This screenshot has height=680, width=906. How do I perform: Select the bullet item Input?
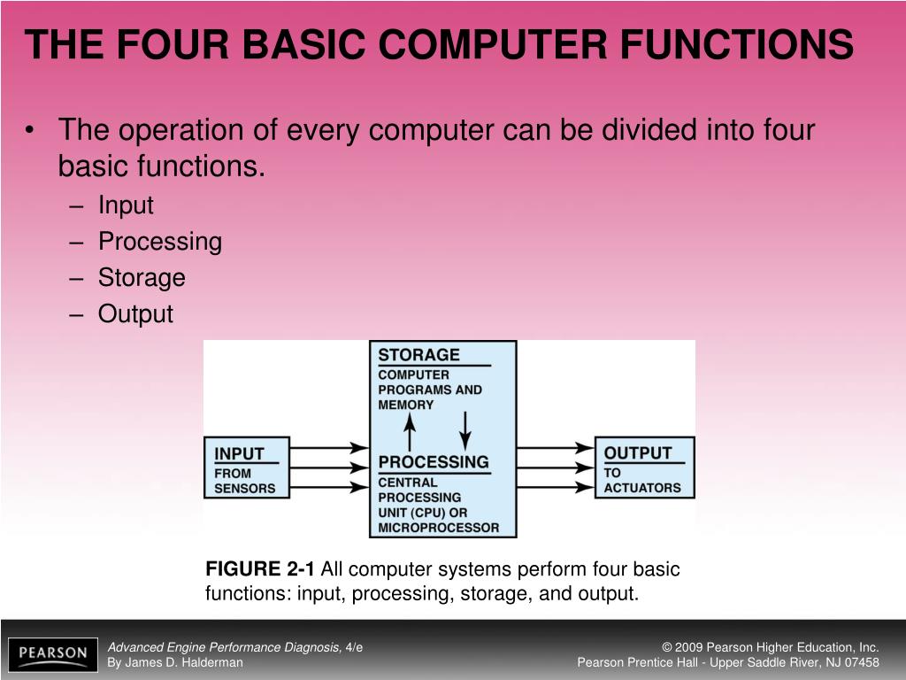click(126, 205)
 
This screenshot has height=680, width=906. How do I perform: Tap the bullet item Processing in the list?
click(159, 242)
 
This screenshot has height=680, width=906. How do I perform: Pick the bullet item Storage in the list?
click(142, 278)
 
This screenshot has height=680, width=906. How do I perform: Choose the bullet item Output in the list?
click(135, 314)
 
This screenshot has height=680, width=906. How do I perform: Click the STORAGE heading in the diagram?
click(418, 355)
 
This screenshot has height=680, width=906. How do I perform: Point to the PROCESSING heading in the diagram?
click(433, 462)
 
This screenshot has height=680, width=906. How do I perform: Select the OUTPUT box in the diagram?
click(643, 467)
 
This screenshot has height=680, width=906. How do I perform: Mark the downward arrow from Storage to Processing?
click(466, 429)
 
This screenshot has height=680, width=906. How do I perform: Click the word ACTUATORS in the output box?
click(642, 488)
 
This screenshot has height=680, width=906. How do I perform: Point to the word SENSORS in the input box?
click(245, 488)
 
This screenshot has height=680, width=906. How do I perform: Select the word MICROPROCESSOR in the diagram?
click(438, 528)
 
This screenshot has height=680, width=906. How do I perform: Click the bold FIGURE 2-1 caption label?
click(261, 569)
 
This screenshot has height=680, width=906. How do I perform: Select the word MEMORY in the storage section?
click(406, 405)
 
